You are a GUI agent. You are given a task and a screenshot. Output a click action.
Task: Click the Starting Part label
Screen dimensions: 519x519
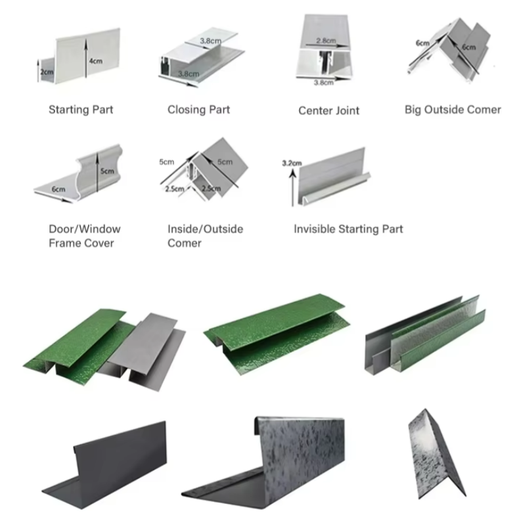pyautogui.click(x=81, y=109)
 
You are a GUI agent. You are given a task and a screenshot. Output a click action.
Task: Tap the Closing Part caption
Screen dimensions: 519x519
pyautogui.click(x=198, y=109)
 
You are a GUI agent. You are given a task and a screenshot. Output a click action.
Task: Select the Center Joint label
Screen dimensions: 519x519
pyautogui.click(x=328, y=110)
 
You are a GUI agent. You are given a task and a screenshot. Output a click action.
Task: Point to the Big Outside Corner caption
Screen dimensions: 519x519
pyautogui.click(x=453, y=109)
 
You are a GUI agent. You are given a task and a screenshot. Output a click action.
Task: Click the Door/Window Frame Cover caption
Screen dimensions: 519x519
pyautogui.click(x=85, y=237)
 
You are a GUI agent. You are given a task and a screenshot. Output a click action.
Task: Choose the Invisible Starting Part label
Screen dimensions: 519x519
pyautogui.click(x=348, y=229)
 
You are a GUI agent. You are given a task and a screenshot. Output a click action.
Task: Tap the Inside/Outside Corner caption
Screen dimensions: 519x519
pyautogui.click(x=205, y=237)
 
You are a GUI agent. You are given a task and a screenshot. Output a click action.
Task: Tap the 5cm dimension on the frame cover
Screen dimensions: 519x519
pyautogui.click(x=106, y=172)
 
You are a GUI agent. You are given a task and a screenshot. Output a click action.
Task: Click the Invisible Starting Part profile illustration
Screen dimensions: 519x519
pyautogui.click(x=334, y=174)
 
